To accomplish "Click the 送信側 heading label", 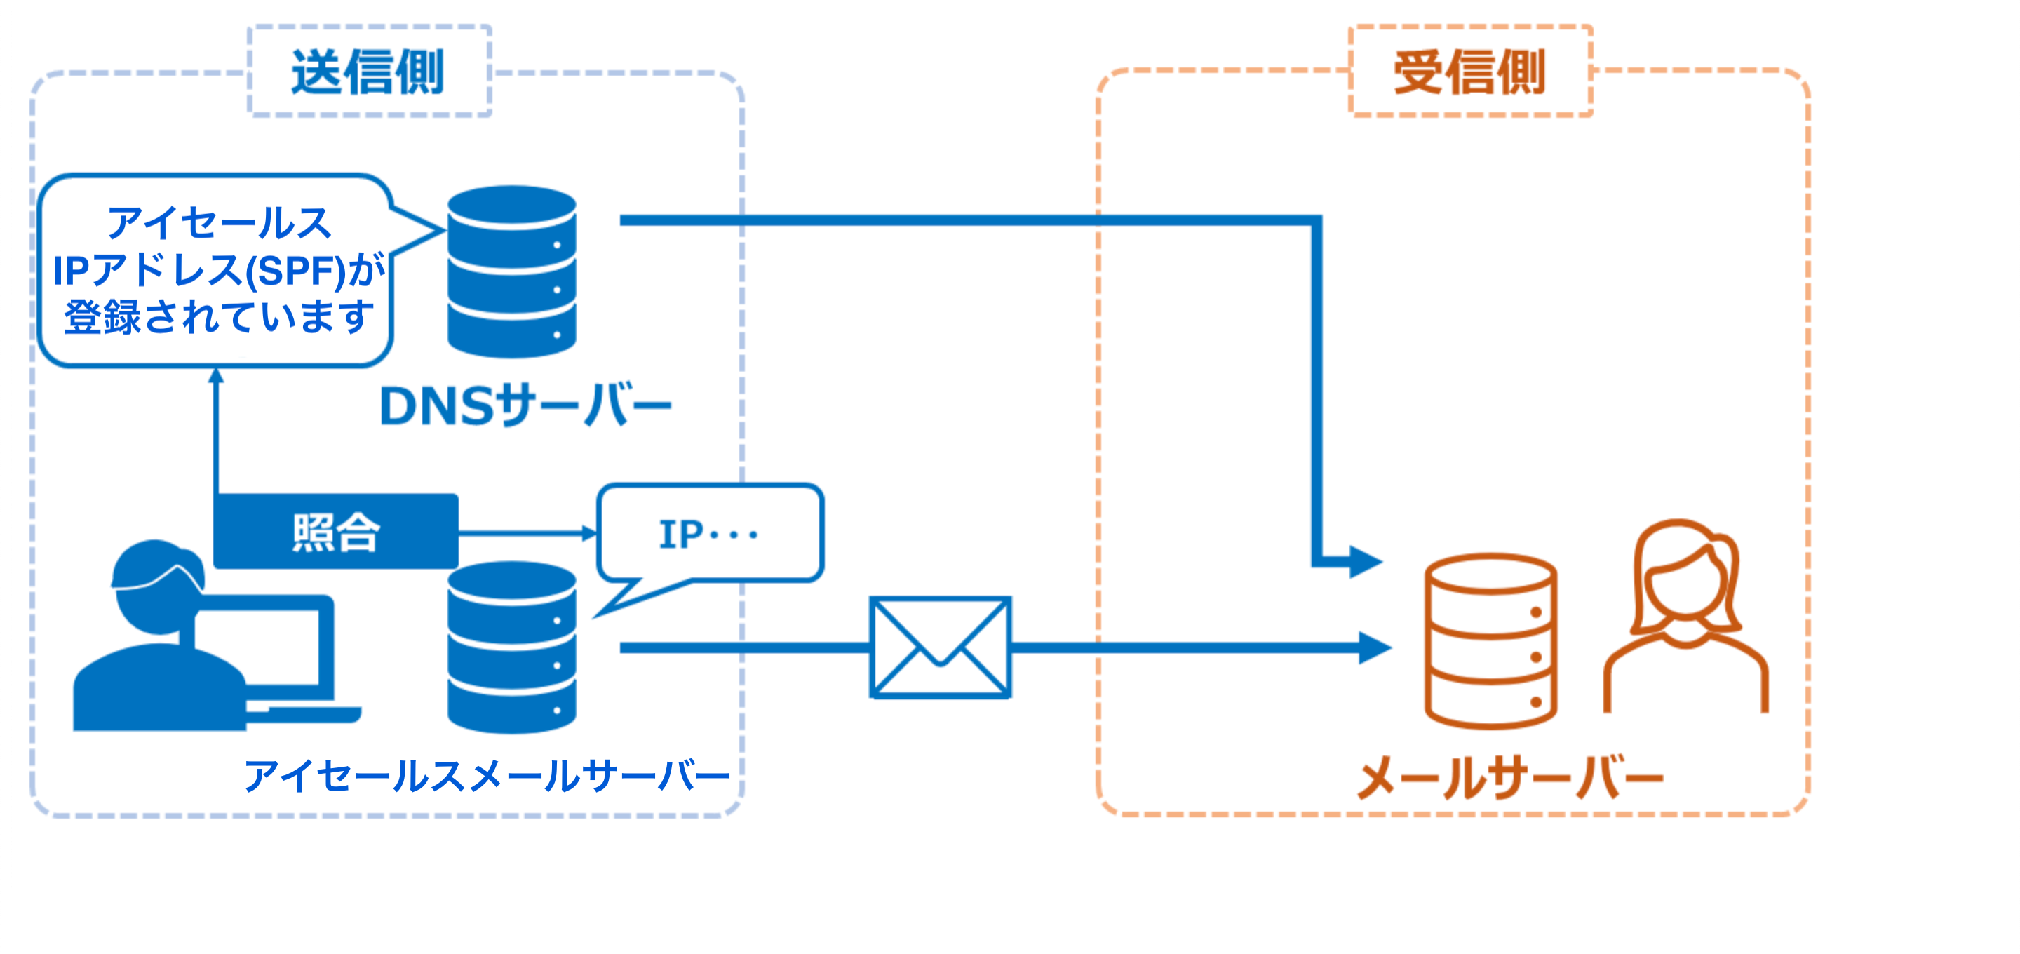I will [x=368, y=72].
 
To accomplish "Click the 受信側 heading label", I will [x=1469, y=72].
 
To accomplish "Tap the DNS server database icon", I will [x=511, y=271].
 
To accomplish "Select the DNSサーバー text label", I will [x=525, y=406].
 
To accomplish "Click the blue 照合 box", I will [x=336, y=532].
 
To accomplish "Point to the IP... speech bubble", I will [x=710, y=535].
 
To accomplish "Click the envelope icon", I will [x=940, y=647].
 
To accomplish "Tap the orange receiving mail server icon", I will [x=1490, y=641].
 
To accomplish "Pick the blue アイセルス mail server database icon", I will [x=511, y=647].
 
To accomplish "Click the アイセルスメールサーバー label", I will [x=486, y=776].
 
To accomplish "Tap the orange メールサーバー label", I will [x=1509, y=777].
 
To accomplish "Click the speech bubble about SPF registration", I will [x=215, y=271].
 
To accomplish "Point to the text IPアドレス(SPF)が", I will [x=219, y=271].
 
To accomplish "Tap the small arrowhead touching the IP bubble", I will [x=590, y=534].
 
